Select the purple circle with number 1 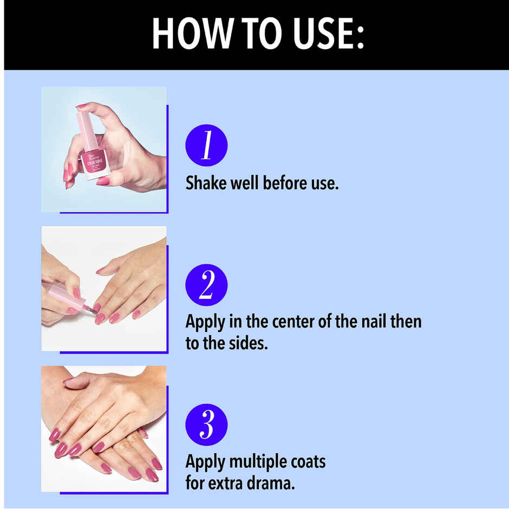[x=206, y=145]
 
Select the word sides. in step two [x=246, y=343]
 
